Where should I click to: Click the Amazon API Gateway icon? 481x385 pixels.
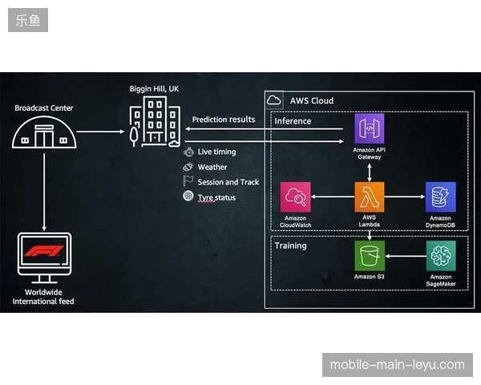click(370, 128)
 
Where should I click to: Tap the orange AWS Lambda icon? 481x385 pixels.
click(370, 197)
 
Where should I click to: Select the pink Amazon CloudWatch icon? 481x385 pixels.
click(295, 197)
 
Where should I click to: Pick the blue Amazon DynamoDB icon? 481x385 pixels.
click(440, 197)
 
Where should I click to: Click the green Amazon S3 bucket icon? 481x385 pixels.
click(370, 256)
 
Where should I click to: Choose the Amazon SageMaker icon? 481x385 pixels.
click(441, 256)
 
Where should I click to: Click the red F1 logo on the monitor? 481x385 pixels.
click(44, 251)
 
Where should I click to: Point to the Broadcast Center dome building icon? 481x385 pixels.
click(44, 132)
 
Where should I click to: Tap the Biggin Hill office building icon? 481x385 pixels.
click(155, 122)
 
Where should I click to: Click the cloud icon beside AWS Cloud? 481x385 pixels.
click(273, 100)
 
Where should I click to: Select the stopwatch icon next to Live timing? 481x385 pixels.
click(188, 152)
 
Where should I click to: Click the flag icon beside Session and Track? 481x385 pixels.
click(188, 181)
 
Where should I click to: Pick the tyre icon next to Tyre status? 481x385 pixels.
click(188, 196)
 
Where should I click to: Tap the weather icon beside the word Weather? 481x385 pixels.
click(188, 167)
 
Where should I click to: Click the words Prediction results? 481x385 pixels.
click(224, 120)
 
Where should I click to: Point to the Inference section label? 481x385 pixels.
click(293, 121)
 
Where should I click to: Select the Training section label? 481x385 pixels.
click(290, 245)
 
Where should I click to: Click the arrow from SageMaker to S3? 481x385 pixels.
click(406, 256)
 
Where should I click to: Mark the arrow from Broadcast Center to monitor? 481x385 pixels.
click(44, 192)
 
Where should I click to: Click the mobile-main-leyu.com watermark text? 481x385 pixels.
click(398, 365)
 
